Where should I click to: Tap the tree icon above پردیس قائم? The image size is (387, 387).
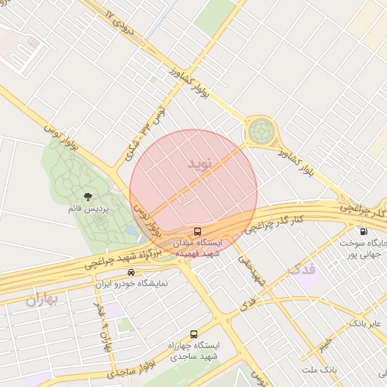pos(90,197)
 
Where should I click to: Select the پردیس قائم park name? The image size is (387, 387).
pos(90,209)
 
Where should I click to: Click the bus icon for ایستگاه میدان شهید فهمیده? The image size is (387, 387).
pos(197,231)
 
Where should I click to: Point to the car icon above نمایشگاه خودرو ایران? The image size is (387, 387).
pos(132,273)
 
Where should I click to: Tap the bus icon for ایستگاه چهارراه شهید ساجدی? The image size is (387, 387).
pos(194,333)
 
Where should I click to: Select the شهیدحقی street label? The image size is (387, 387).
pos(252,269)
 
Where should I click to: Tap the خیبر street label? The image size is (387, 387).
pos(324,345)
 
